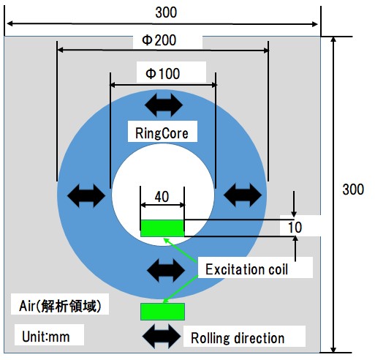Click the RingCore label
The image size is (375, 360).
pyautogui.click(x=162, y=133)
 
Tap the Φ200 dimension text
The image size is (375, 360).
pyautogui.click(x=159, y=40)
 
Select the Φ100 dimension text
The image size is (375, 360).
pyautogui.click(x=162, y=73)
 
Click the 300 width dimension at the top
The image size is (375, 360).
pyautogui.click(x=166, y=12)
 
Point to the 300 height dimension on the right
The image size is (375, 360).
pyautogui.click(x=353, y=190)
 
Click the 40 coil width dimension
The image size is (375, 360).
pyautogui.click(x=162, y=197)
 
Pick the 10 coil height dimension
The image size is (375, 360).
pyautogui.click(x=295, y=227)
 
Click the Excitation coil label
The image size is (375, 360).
pyautogui.click(x=246, y=269)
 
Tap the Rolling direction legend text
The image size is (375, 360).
pyautogui.click(x=238, y=338)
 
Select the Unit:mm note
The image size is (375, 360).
pyautogui.click(x=46, y=337)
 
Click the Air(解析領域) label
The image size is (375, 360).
pyautogui.click(x=60, y=306)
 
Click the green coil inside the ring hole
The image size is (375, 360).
pyautogui.click(x=162, y=228)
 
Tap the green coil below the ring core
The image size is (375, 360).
pyautogui.click(x=162, y=312)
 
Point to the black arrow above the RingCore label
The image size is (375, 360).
pyautogui.click(x=164, y=105)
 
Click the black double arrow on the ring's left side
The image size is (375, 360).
pyautogui.click(x=86, y=196)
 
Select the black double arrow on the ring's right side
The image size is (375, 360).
pyautogui.click(x=243, y=195)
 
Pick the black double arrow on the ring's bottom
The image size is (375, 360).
pyautogui.click(x=166, y=271)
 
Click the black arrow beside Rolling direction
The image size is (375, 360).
pyautogui.click(x=162, y=336)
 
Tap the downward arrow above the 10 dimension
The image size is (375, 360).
pyautogui.click(x=294, y=204)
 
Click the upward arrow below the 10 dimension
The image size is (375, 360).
pyautogui.click(x=295, y=249)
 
